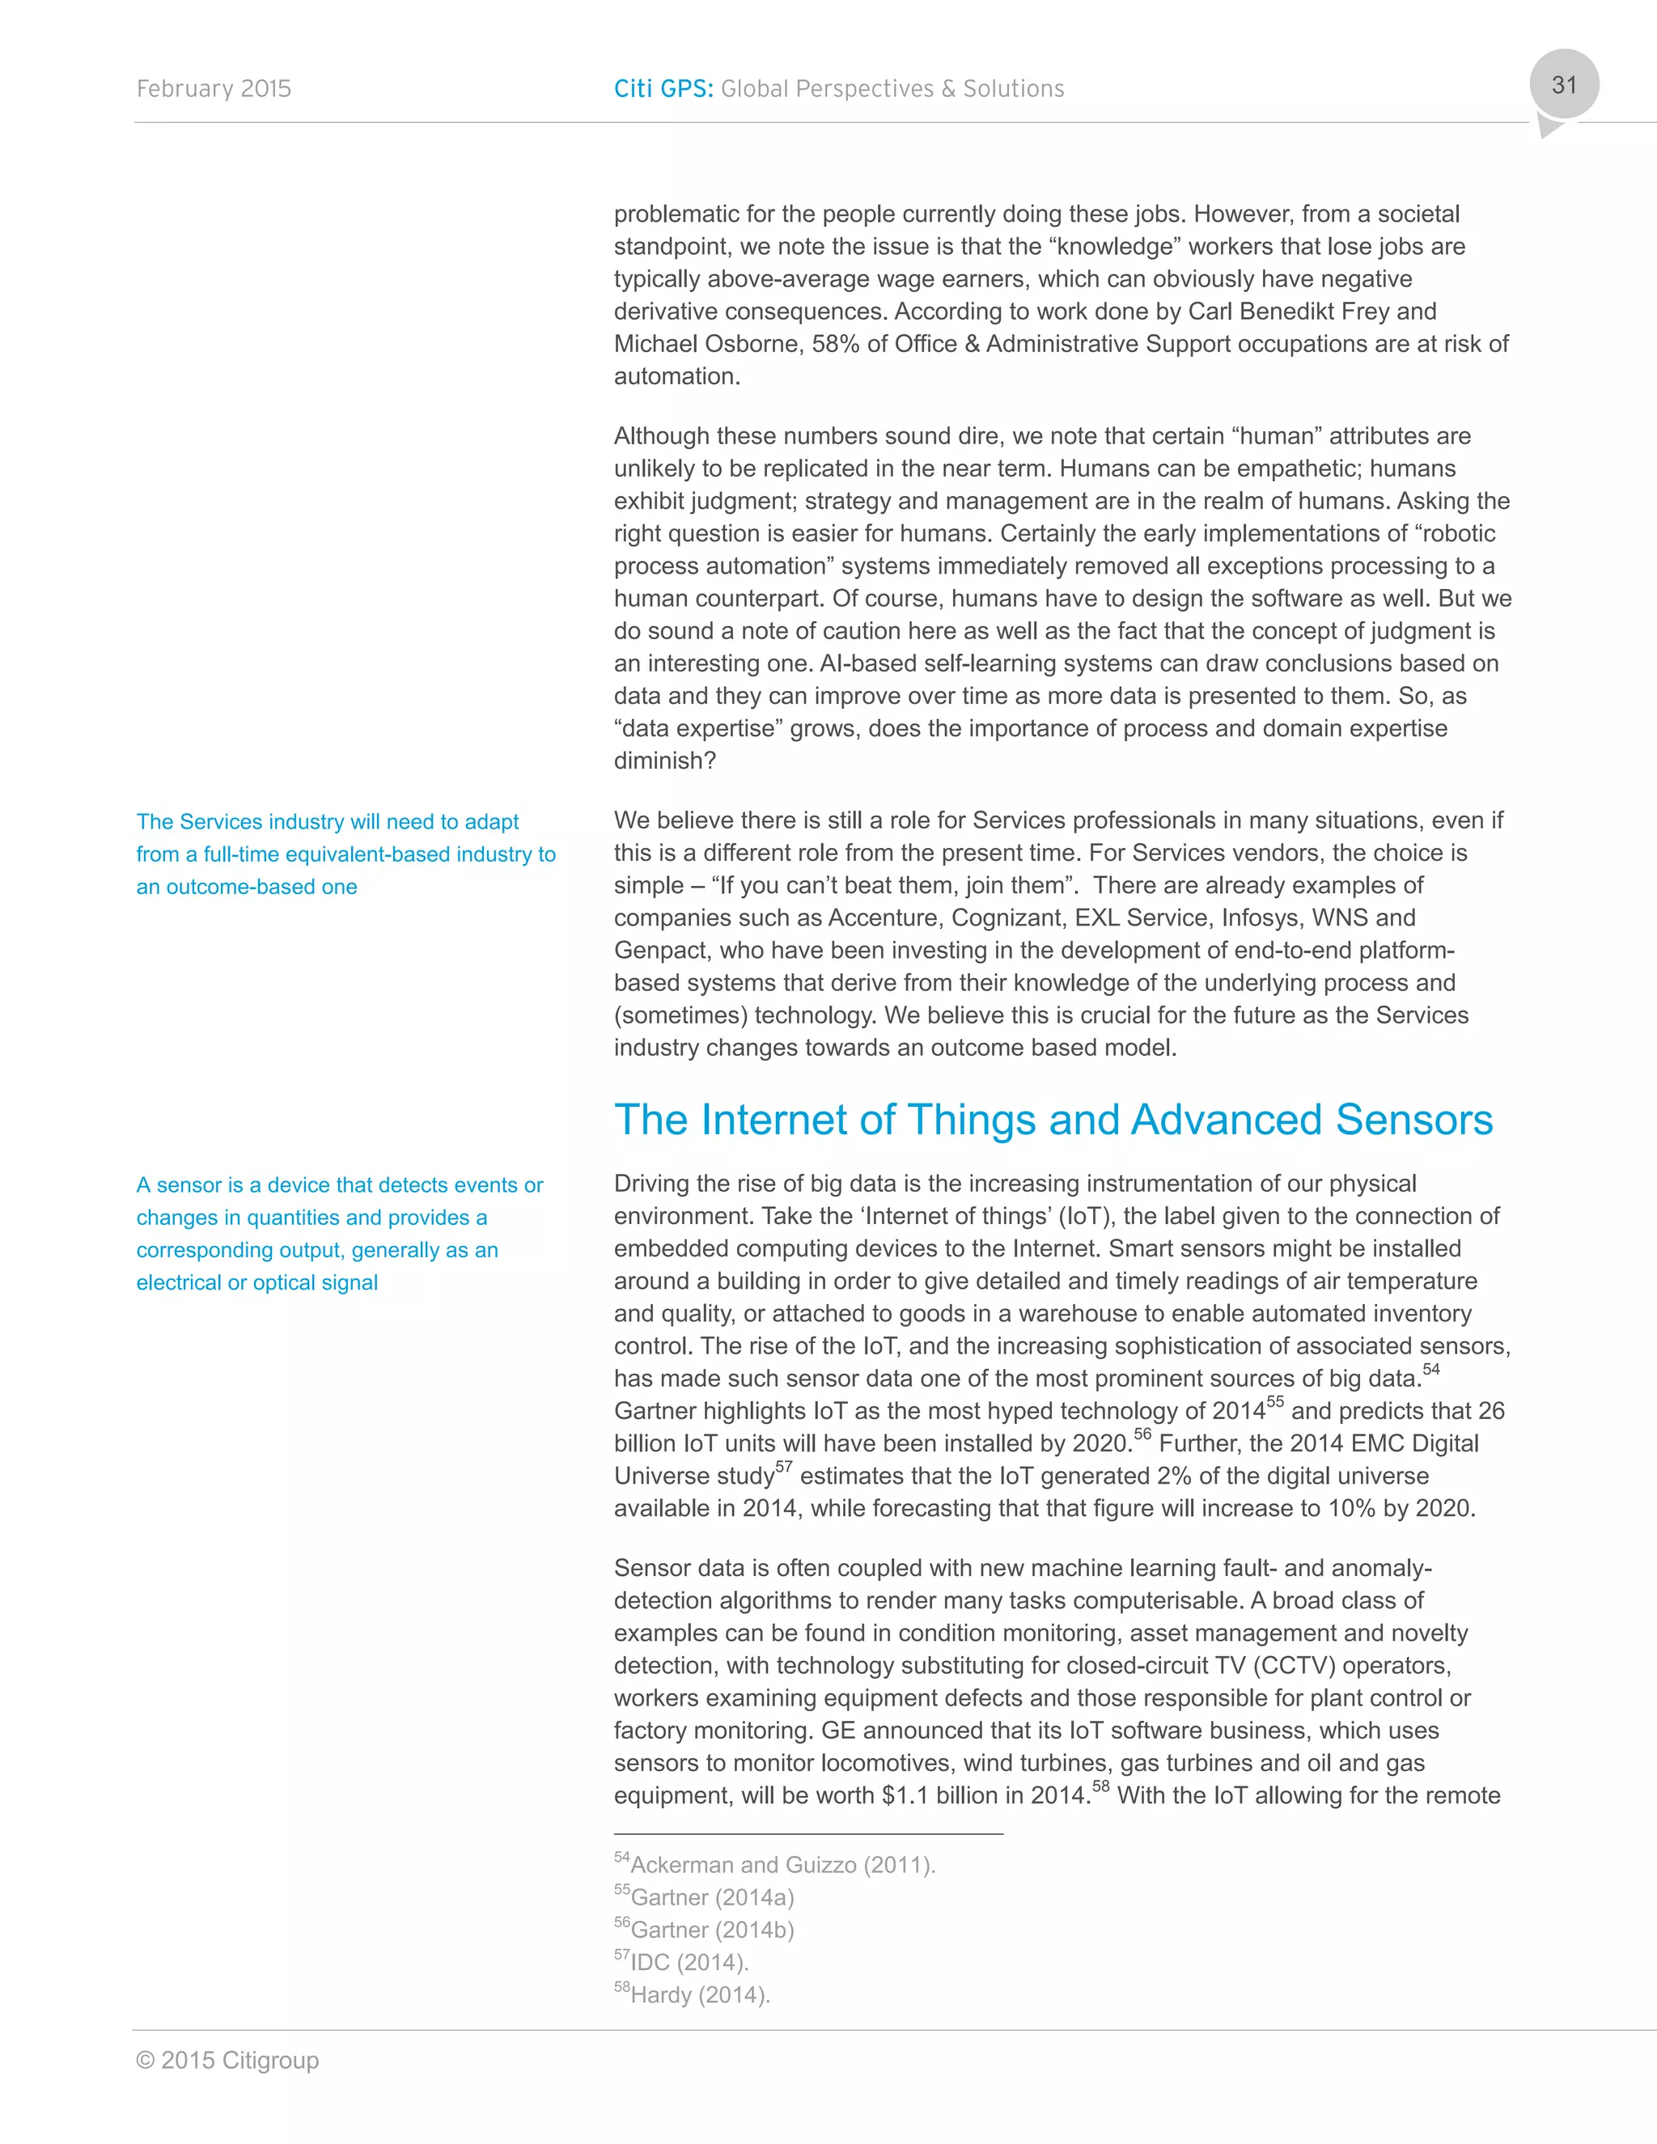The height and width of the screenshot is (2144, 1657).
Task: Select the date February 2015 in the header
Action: (x=214, y=89)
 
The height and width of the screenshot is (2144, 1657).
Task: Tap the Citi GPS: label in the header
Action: (x=663, y=89)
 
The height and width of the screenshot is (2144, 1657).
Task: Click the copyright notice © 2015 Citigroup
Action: (x=227, y=2060)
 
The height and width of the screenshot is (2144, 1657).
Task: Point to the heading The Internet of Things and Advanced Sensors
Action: (x=1053, y=1120)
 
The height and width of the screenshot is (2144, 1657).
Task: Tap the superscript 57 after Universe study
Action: (x=783, y=1468)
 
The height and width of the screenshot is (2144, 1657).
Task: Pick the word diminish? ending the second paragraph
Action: (x=664, y=761)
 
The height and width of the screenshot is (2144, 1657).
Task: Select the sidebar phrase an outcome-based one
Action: (x=247, y=888)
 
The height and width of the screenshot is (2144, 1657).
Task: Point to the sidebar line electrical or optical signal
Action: (x=257, y=1283)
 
